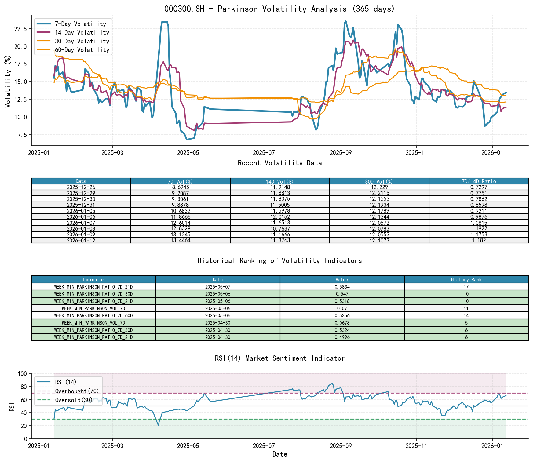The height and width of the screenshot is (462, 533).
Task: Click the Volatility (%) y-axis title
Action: point(8,82)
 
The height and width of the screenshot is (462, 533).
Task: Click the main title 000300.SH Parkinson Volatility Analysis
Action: point(279,9)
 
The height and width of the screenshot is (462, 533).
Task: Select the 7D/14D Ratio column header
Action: point(478,181)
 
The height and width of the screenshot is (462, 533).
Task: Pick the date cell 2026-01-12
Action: point(81,241)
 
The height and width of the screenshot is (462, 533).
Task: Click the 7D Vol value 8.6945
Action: point(180,187)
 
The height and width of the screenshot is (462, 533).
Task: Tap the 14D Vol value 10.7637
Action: point(280,229)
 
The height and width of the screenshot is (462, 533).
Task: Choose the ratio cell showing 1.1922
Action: point(478,229)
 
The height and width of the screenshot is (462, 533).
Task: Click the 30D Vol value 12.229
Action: point(379,187)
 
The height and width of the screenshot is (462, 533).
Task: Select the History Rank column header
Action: point(466,279)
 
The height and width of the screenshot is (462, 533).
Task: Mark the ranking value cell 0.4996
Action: point(342,337)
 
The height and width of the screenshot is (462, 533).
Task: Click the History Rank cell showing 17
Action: point(466,287)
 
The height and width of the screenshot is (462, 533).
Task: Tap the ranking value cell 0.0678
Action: point(342,323)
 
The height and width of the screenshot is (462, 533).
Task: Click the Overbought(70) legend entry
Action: point(77,391)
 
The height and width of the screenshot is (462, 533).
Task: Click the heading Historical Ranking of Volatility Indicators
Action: point(279,260)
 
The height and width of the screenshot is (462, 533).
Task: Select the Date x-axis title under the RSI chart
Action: point(279,454)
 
